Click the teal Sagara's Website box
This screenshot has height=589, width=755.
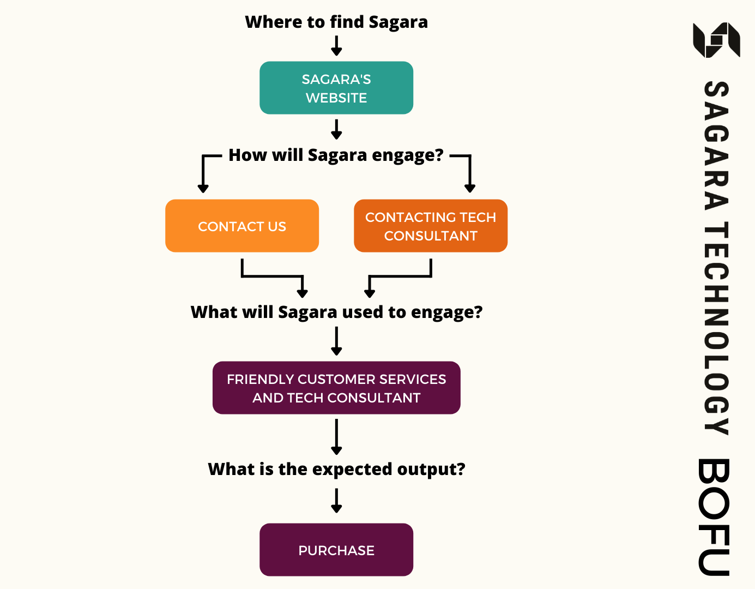tap(336, 88)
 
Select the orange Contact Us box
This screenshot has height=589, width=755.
tap(242, 226)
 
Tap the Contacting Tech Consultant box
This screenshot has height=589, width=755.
tap(431, 226)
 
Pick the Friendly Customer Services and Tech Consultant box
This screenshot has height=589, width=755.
tap(336, 388)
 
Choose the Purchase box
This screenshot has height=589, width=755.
tap(336, 550)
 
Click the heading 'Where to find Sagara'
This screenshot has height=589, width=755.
tap(336, 22)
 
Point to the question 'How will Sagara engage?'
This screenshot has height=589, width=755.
tap(336, 155)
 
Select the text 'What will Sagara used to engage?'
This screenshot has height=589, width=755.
tap(336, 312)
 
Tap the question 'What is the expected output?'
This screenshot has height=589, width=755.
tap(336, 469)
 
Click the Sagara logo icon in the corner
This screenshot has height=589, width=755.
tap(716, 40)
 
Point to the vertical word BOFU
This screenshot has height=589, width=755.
tap(714, 517)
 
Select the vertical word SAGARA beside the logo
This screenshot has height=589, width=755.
tap(716, 146)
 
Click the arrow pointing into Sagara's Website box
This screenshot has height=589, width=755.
tap(336, 46)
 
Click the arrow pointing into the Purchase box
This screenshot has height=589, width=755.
tap(336, 501)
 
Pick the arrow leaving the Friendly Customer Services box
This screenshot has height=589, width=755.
tap(336, 436)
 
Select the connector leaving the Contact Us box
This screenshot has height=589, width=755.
tap(273, 276)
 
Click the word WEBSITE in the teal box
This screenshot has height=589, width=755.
tap(336, 98)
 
